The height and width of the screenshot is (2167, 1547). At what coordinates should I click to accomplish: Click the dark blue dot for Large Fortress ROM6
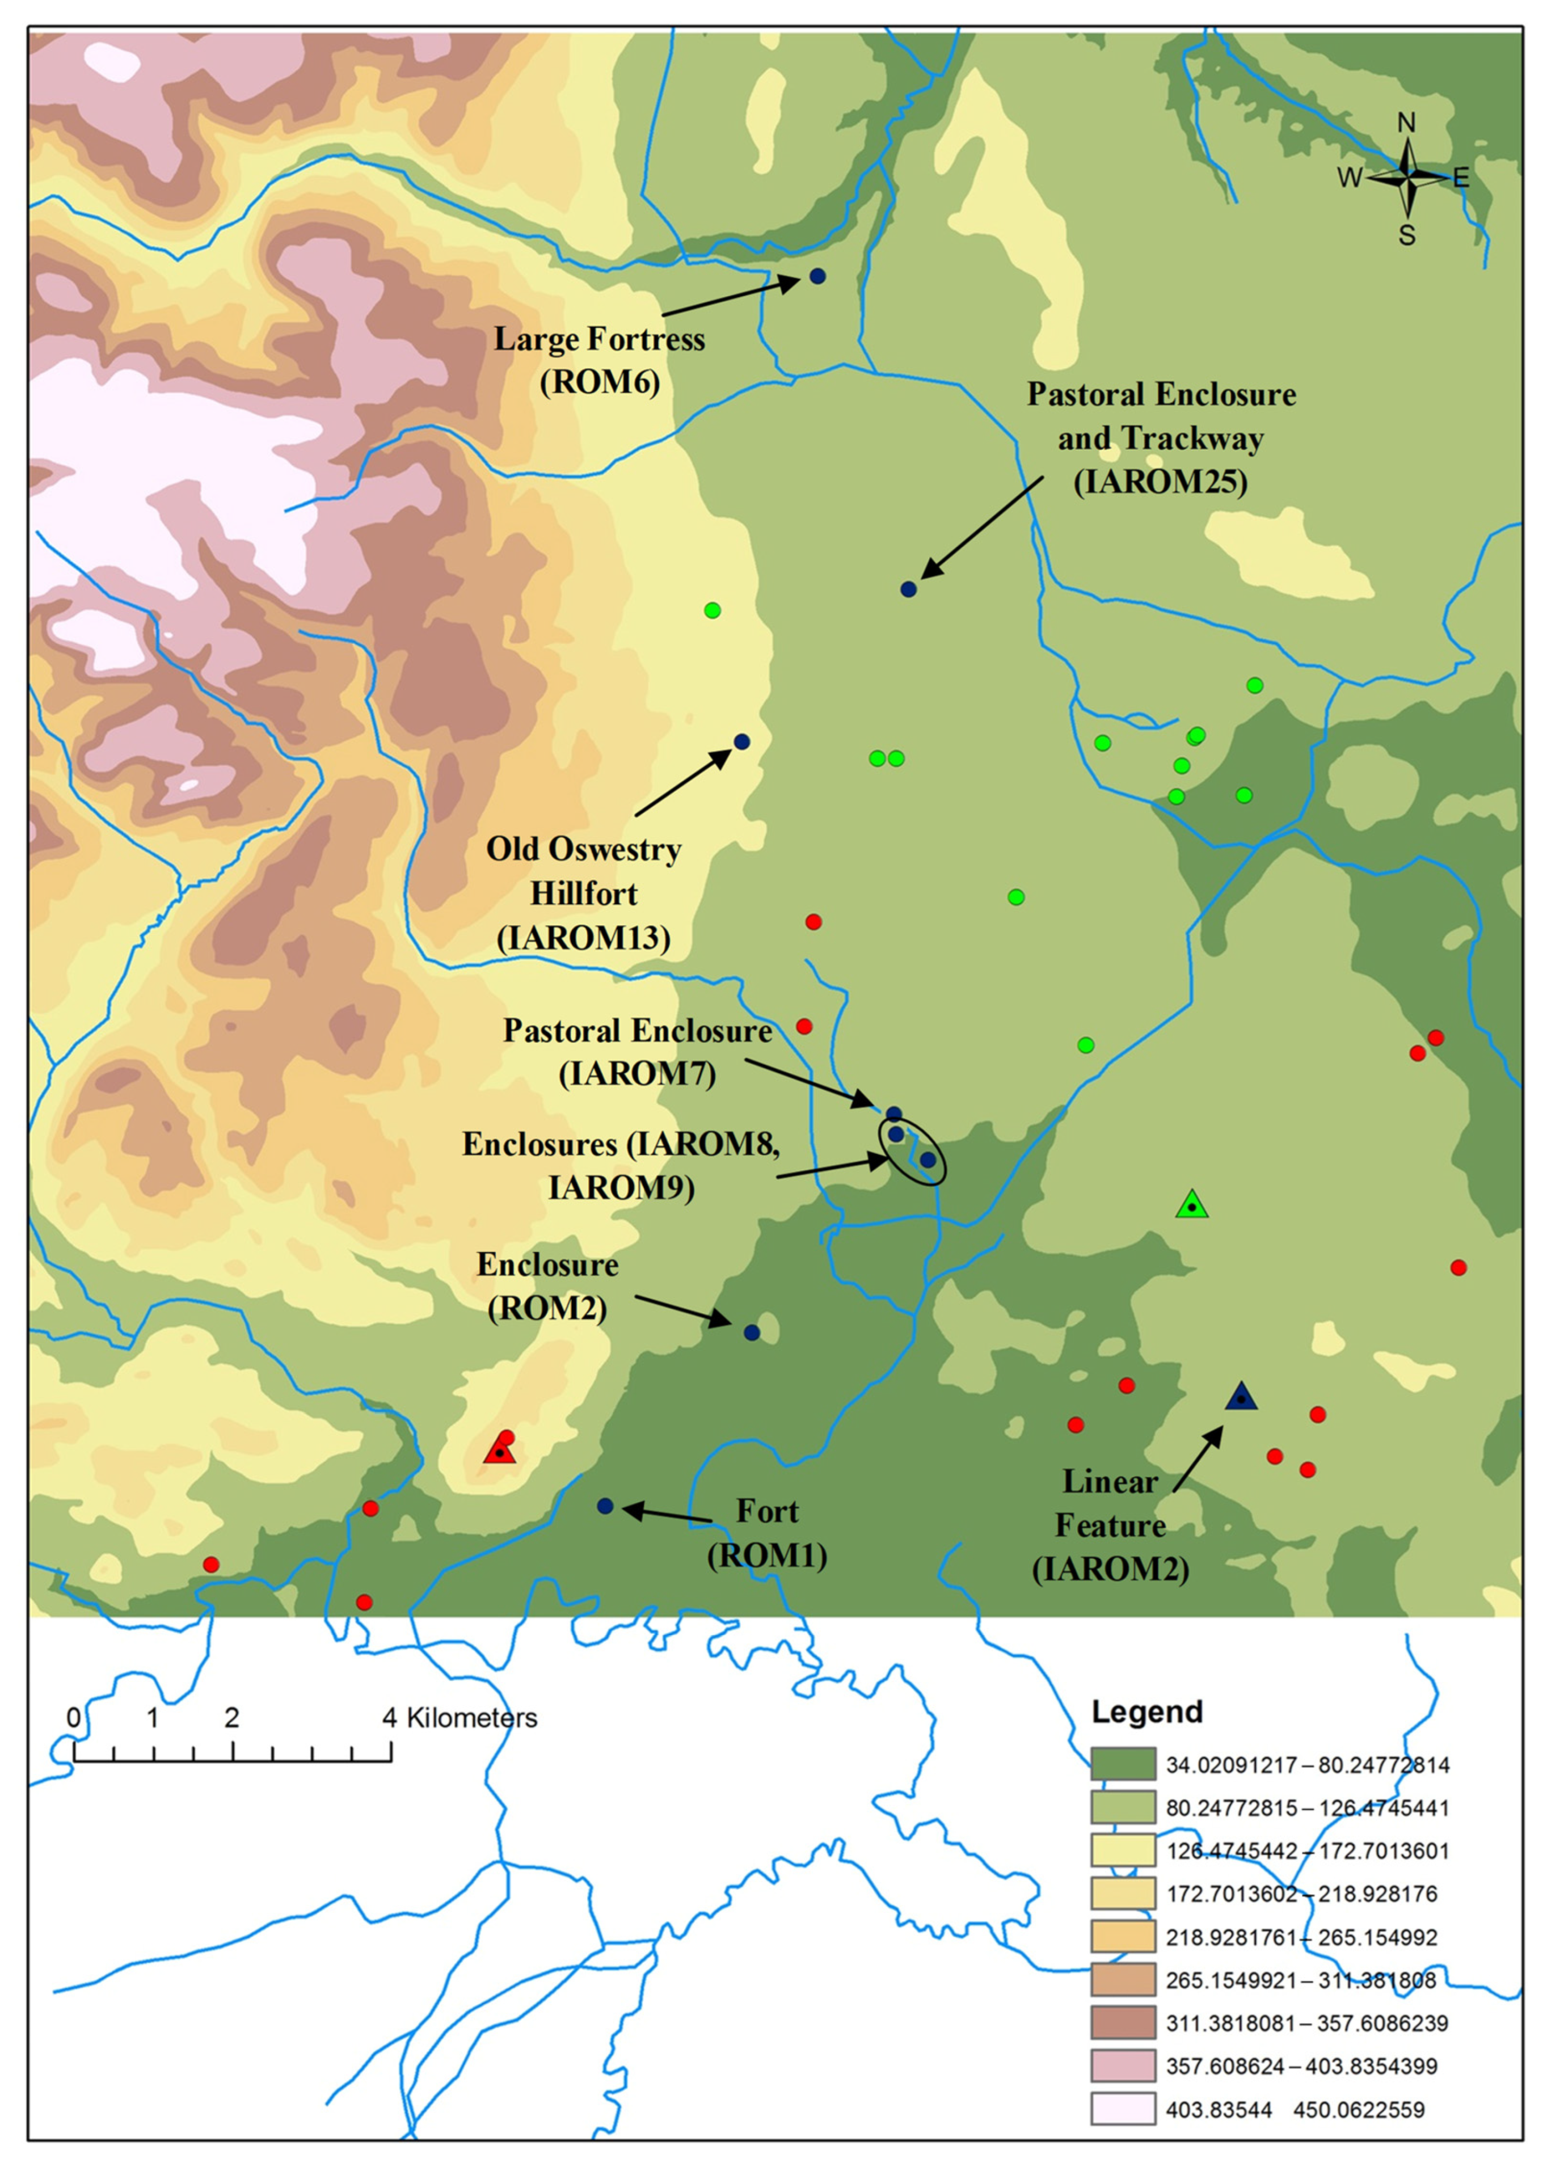pos(817,276)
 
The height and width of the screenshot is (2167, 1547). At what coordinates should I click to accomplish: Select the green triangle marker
pos(1192,1205)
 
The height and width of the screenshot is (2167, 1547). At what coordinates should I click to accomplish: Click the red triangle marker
pos(499,1451)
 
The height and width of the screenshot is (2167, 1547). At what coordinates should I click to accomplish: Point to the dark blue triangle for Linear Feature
pos(1241,1397)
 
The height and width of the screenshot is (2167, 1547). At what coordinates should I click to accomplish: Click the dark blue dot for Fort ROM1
pos(605,1506)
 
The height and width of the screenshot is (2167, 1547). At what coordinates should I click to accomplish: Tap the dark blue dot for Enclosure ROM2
pos(752,1333)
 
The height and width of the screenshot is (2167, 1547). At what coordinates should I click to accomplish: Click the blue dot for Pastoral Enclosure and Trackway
pos(909,589)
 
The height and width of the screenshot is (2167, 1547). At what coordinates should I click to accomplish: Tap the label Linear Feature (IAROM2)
pos(1111,1525)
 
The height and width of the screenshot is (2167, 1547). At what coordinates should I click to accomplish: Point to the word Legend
pos(1147,1711)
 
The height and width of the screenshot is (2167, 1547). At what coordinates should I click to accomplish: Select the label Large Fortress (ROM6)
pos(599,361)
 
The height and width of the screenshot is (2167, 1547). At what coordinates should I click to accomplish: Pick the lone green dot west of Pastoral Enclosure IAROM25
pos(713,610)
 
